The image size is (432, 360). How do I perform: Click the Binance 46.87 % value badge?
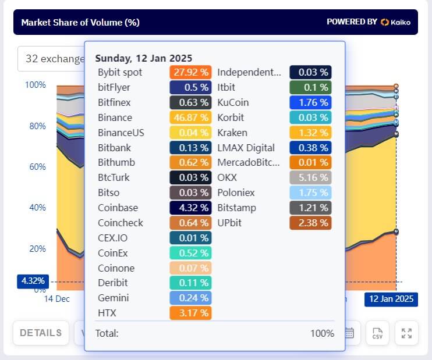coord(190,118)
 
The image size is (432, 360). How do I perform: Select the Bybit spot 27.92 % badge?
coord(190,73)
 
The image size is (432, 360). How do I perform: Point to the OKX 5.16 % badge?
coord(310,177)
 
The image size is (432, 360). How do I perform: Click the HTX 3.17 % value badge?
coord(190,313)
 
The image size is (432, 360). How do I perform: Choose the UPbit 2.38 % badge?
coord(310,223)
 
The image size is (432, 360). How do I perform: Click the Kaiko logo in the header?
coord(395,22)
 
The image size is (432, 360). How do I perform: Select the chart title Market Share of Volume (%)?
coord(80,23)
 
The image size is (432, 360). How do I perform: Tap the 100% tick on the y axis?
coord(36,85)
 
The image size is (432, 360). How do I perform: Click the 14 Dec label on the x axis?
coord(57,299)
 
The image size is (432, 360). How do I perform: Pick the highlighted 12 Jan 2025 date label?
coord(390,299)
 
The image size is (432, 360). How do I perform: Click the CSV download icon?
coord(377,333)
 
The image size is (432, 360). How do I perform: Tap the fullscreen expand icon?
coord(406,333)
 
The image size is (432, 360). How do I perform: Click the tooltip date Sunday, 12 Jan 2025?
coord(143,58)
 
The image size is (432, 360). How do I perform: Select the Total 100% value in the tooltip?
coord(322,333)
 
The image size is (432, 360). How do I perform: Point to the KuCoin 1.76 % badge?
coord(310,103)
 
